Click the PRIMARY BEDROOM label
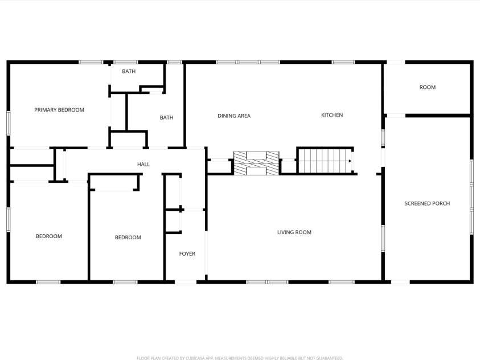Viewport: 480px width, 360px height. coord(59,110)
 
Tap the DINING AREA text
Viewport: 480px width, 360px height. coord(234,116)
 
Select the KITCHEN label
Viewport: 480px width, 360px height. coord(332,115)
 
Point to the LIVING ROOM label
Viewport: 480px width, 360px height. coord(294,232)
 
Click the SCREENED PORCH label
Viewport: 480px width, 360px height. coord(427,203)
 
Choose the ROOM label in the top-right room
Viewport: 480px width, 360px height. coord(427,87)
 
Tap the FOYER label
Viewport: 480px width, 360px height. coord(187,254)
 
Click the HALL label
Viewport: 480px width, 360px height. coord(143,165)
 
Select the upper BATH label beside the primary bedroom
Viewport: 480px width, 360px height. coord(128,71)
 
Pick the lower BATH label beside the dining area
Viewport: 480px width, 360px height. coord(166,118)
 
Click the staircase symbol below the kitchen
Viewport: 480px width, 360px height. coord(325,161)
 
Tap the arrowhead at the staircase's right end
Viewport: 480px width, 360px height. coord(350,161)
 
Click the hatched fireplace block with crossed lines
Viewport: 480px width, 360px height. coord(257,162)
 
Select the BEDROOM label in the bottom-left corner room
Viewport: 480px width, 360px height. coord(49,236)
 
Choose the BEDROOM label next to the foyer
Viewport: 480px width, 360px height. coord(128,238)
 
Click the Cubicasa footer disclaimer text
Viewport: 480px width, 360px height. coord(240,358)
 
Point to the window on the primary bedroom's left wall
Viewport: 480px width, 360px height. coord(9,122)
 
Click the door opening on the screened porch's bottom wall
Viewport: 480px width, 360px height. coord(400,281)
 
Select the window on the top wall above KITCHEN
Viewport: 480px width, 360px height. coord(343,62)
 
